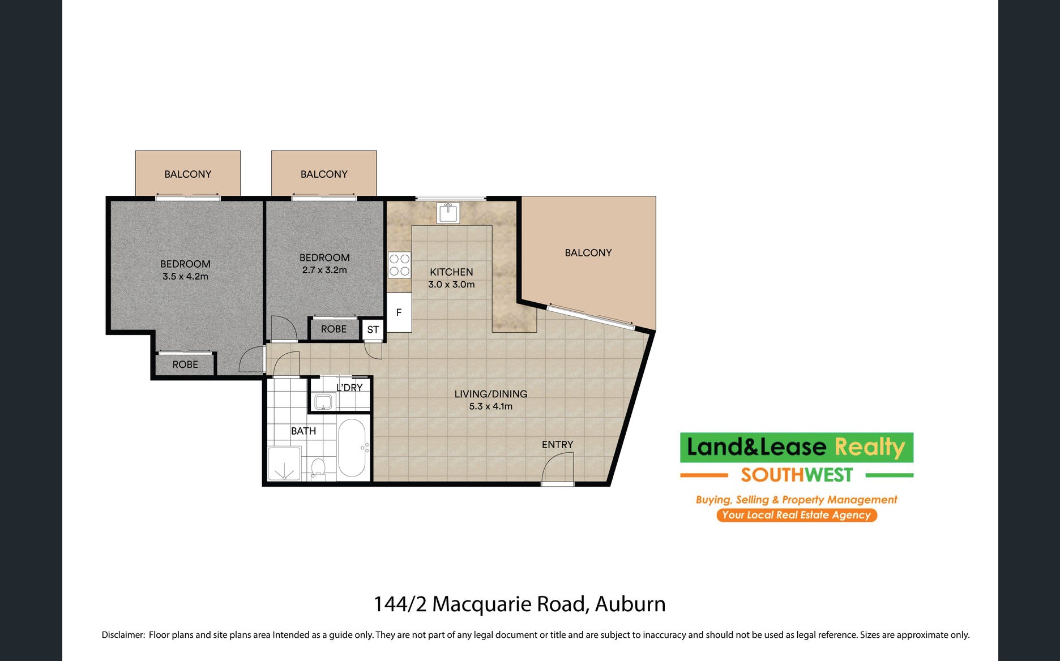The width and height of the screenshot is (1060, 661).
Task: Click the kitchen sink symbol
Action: point(448,213)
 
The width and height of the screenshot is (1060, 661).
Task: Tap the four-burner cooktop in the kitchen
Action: point(399,265)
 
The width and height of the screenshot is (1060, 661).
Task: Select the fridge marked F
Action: point(399,312)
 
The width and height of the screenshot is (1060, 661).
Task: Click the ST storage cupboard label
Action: point(373,329)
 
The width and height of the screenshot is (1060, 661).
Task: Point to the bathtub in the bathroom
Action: point(352,448)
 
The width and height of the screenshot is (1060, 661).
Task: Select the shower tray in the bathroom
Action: point(284,463)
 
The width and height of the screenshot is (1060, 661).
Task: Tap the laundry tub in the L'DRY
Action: point(323,402)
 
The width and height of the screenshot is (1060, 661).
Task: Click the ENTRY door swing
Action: point(558,469)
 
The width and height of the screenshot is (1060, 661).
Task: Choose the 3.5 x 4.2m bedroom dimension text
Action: point(185,276)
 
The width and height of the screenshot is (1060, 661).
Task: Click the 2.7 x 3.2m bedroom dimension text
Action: point(324,270)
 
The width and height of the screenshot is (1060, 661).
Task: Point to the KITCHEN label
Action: point(451,272)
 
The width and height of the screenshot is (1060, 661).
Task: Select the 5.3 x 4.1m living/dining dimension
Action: point(490,406)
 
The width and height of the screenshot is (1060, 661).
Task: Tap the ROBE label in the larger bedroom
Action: point(185,364)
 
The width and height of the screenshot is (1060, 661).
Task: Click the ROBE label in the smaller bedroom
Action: point(334,329)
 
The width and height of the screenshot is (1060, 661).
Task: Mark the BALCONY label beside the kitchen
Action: point(588,253)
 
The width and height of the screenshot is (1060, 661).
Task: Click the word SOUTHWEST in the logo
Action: point(797,475)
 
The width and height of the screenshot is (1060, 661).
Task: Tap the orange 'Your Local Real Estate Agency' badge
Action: point(797,515)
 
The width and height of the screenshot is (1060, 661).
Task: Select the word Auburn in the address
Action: point(630,604)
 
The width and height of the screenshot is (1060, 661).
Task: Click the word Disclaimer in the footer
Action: point(123,635)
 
